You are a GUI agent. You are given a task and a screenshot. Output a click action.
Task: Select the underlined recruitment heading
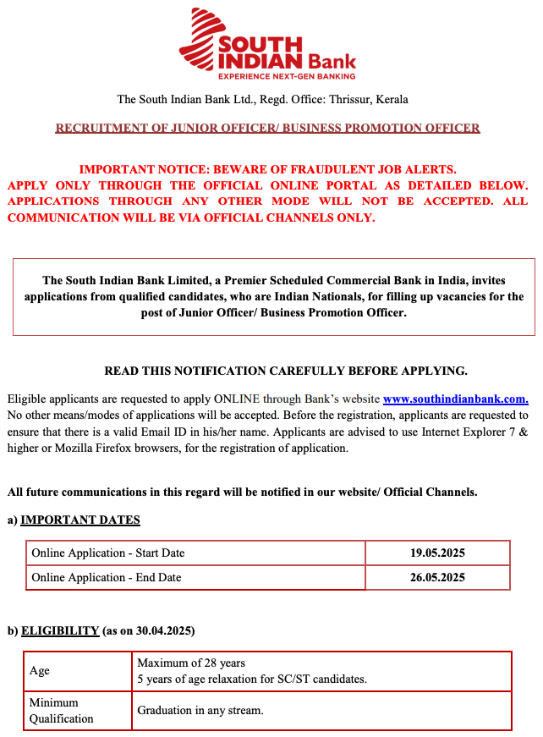267,129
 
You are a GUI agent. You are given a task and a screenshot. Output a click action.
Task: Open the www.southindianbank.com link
456,399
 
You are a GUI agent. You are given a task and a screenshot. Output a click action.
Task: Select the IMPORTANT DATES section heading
80,520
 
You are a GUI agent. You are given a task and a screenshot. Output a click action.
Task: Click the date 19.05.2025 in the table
437,553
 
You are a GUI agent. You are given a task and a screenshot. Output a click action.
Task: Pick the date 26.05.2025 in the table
437,578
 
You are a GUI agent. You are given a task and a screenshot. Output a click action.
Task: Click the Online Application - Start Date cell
108,553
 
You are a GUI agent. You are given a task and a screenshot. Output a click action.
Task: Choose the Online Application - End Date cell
107,578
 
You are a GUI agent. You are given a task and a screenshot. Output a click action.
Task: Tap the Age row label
40,671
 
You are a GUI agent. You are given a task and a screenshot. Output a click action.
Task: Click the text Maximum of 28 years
191,663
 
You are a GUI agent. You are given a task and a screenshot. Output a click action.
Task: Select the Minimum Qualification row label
62,711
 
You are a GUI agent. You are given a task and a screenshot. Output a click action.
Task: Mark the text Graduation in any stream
200,711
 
